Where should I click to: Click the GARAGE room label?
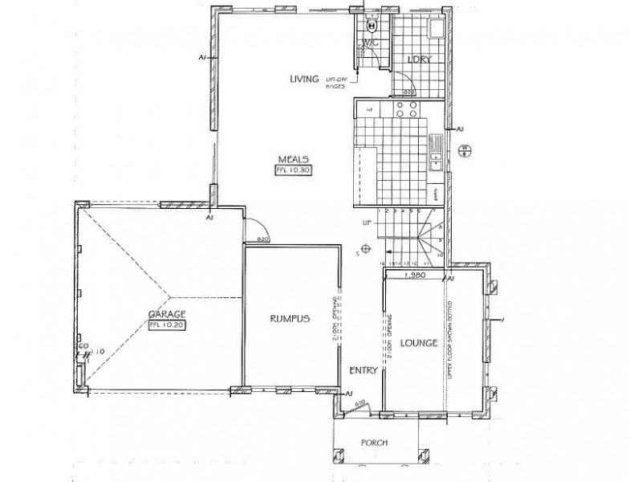[167, 314]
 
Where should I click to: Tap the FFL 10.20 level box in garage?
[167, 325]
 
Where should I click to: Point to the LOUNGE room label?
[417, 343]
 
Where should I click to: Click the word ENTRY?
[364, 370]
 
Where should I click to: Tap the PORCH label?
[375, 443]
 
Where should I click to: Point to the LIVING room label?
[306, 79]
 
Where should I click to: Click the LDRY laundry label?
[416, 60]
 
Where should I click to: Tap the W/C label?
[370, 42]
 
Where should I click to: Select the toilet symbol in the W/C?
[371, 23]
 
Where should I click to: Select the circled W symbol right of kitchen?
[464, 149]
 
